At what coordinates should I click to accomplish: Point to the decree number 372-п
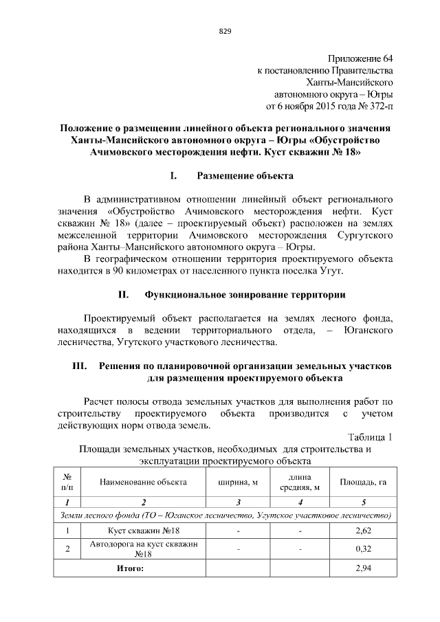click(x=379, y=107)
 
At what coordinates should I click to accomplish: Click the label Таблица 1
click(x=371, y=437)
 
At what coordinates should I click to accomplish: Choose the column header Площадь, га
click(x=363, y=482)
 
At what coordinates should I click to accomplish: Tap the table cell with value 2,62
click(x=363, y=531)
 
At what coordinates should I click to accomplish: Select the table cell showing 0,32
click(x=363, y=549)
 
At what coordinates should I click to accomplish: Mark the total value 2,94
click(x=363, y=569)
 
